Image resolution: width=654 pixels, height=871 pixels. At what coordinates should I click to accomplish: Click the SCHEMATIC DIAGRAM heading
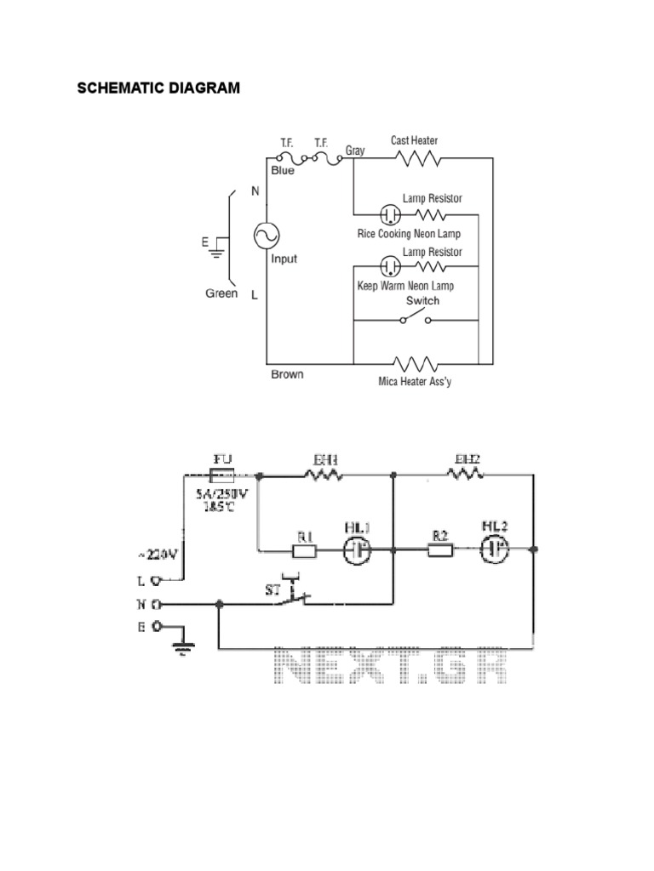click(x=159, y=88)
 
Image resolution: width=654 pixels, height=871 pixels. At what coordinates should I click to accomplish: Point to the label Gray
click(x=355, y=150)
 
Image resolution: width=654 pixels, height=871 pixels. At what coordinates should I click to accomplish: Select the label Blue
click(x=283, y=170)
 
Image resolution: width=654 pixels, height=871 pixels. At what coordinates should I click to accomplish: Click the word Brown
click(x=287, y=373)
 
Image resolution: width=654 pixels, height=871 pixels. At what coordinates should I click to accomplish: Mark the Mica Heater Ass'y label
click(x=415, y=382)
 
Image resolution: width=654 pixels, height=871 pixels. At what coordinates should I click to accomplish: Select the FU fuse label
click(x=222, y=458)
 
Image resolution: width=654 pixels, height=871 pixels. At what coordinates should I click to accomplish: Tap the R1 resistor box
click(x=306, y=550)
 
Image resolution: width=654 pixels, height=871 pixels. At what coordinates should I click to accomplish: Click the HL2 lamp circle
click(x=493, y=550)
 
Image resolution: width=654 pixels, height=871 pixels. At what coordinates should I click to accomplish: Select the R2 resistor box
click(x=440, y=550)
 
